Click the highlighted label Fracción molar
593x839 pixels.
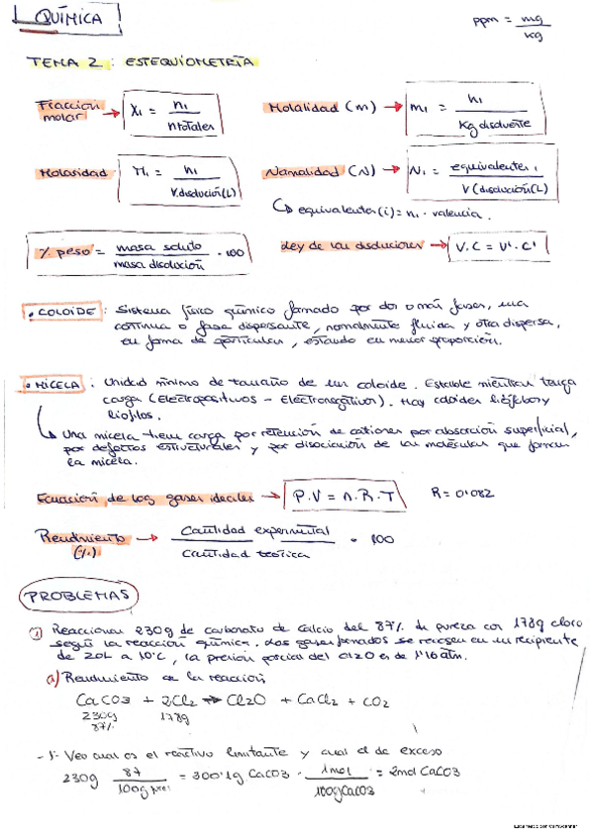[66, 110]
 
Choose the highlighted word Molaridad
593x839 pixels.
[72, 172]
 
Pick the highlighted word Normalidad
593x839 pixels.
[304, 172]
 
